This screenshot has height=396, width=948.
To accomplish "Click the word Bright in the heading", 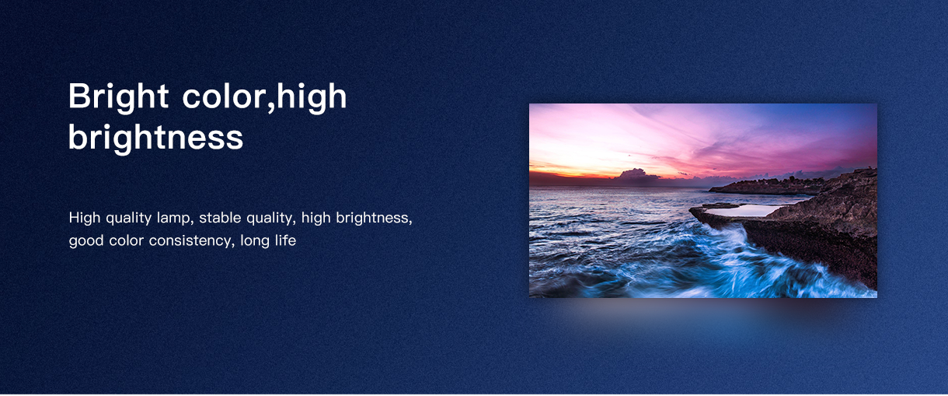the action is (x=118, y=97).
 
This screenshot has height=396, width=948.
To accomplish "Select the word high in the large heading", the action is (x=312, y=97).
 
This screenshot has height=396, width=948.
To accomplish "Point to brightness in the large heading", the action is (x=155, y=137).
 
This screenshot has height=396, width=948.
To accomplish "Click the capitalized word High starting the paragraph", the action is (x=85, y=218).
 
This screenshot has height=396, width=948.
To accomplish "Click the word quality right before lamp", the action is (x=129, y=219).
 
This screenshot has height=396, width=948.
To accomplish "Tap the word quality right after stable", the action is (x=271, y=219).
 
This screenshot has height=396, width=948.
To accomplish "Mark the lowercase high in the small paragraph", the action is (x=316, y=219).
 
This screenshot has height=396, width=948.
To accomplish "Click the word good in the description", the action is (x=86, y=241).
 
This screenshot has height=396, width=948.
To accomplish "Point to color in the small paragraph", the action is (x=127, y=241).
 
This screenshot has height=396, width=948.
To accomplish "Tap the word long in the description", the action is (x=255, y=241).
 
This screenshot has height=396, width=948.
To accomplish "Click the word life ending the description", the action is (x=286, y=240).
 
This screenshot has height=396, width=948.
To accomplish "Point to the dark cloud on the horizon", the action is (x=635, y=175).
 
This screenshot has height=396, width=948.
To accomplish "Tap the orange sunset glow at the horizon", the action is (x=567, y=170).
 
